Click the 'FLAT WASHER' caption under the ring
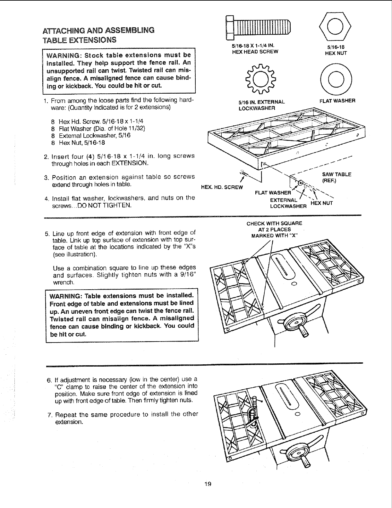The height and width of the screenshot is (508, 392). point(337,101)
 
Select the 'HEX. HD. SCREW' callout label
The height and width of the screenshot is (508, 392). point(222,187)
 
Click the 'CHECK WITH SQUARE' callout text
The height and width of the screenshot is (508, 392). point(274,224)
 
